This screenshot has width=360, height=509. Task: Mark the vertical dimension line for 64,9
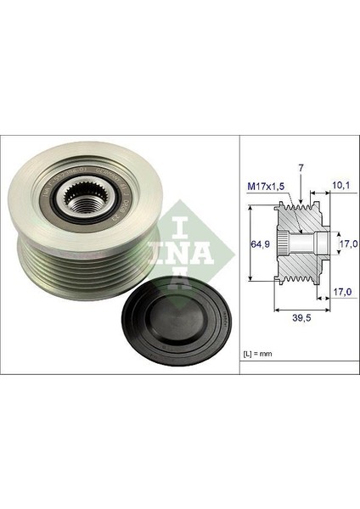pos(251,247)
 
